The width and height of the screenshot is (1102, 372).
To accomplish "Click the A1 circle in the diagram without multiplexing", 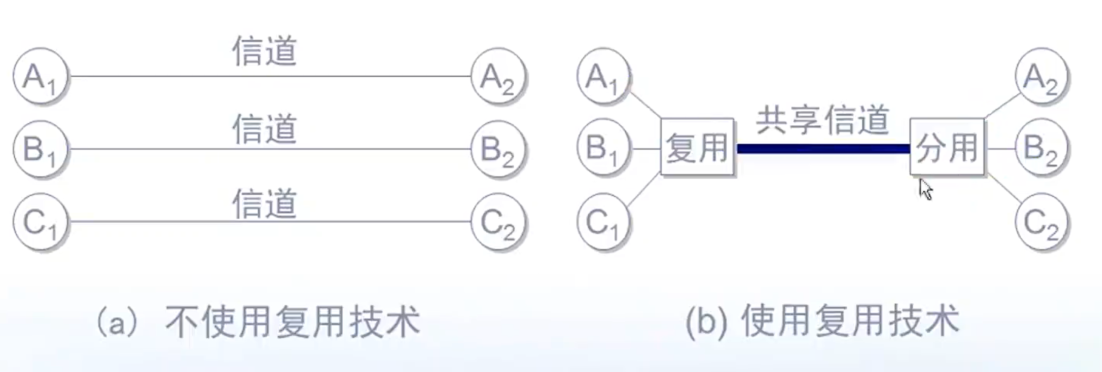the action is click(41, 76).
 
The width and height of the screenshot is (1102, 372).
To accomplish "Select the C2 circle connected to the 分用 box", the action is click(1041, 222).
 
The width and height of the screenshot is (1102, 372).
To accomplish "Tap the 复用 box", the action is click(697, 147).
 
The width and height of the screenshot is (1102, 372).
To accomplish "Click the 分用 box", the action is click(947, 147).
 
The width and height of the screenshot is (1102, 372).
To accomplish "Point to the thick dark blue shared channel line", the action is click(822, 149).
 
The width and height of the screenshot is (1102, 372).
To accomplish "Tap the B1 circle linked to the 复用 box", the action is click(604, 148).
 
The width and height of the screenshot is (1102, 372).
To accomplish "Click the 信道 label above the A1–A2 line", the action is click(264, 51).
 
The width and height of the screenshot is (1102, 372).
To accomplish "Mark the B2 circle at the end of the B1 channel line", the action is click(498, 149).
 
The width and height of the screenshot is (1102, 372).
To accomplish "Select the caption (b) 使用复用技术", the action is click(822, 321).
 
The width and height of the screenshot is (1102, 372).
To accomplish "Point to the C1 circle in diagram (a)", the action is click(41, 222).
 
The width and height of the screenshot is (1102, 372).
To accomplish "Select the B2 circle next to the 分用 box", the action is click(1041, 148).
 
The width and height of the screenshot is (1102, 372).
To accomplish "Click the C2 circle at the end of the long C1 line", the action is click(498, 222).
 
